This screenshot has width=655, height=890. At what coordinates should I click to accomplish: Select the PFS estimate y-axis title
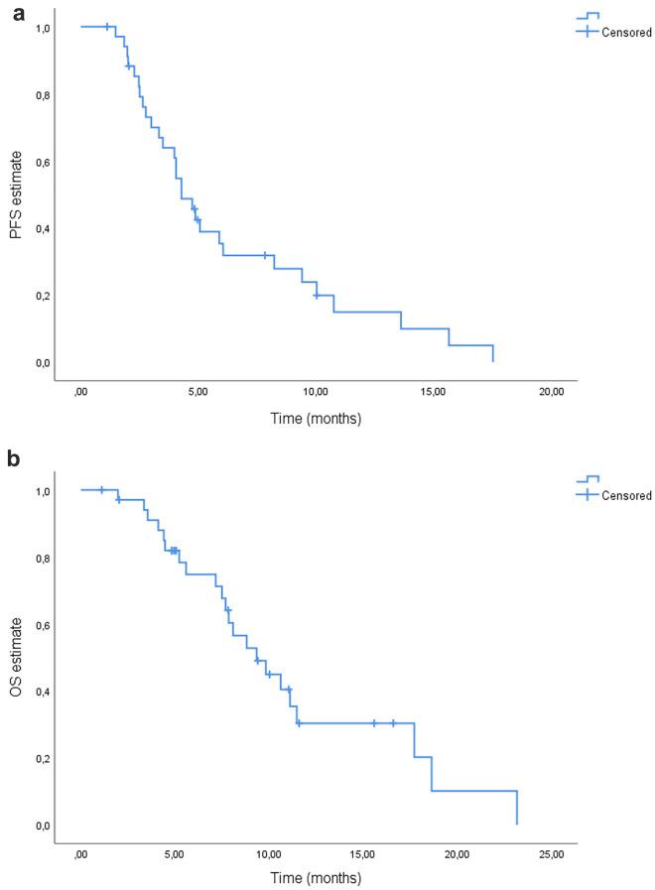(x=17, y=194)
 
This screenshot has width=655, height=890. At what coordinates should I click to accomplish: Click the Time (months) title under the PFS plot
(x=316, y=418)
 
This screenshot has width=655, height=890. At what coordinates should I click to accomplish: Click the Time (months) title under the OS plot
(x=316, y=878)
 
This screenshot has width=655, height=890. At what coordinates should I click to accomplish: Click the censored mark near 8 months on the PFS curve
(x=265, y=255)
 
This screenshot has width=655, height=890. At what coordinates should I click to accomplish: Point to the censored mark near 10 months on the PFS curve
(x=317, y=296)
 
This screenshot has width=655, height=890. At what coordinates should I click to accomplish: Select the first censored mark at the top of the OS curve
(x=101, y=490)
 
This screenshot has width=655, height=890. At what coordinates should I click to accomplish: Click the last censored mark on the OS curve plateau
(x=393, y=723)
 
